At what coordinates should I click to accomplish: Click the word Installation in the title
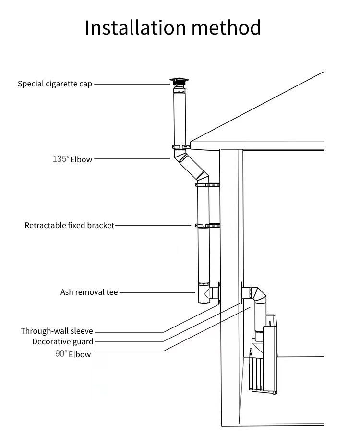pos(135,27)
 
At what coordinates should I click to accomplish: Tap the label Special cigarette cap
pos(55,84)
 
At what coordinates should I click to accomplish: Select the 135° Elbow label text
pos(72,159)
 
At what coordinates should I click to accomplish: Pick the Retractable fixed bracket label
pos(70,225)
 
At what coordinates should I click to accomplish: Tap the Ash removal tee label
pos(89,292)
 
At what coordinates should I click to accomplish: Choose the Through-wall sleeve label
pos(57,331)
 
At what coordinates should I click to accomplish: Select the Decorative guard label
pos(63,342)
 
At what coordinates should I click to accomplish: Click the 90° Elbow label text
pos(72,354)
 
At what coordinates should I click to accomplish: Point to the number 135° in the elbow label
pos(61,158)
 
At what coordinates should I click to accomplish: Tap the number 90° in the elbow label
pos(61,354)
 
